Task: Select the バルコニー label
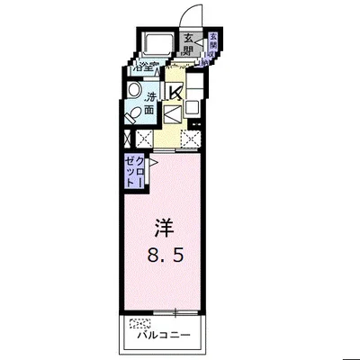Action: pos(164,335)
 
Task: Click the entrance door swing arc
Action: pos(191,16)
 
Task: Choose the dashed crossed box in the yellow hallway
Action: pos(190,139)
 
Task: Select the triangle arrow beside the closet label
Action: pos(154,163)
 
